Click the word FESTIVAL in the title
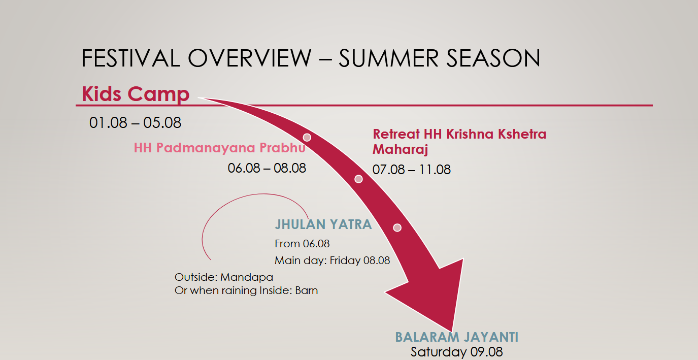pos(131,58)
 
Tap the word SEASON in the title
pos(493,58)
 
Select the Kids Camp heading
pos(136,94)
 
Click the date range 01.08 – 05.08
pos(135,122)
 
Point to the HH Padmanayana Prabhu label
pos(220,148)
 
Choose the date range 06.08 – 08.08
pos(267,168)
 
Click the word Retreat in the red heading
pos(396,134)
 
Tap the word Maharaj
pos(400,149)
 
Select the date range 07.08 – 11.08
pos(411,170)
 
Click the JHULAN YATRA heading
pos(323,224)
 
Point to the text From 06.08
pos(302,243)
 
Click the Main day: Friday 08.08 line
pos(332,260)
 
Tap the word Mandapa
pos(247,277)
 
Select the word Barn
pos(306,290)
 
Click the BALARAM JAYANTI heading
pos(456,337)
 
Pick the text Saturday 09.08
pos(456,352)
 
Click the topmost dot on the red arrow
pos(307,138)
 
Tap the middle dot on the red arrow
pos(358,179)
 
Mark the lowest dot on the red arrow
pos(397,228)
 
